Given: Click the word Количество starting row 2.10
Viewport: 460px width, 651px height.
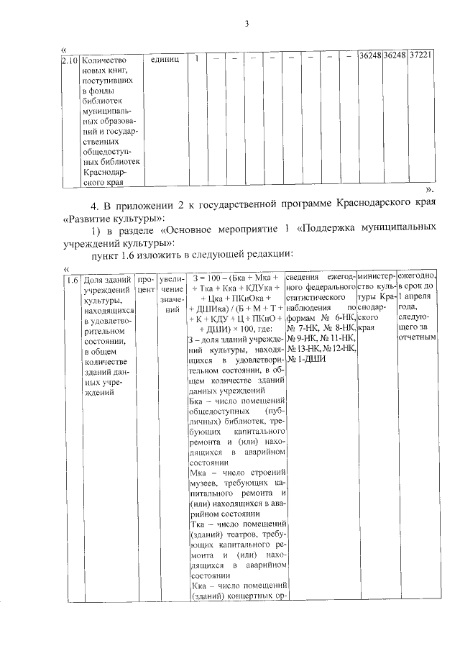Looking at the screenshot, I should pyautogui.click(x=105, y=60).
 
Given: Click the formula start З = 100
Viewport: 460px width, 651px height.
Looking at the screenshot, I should pyautogui.click(x=206, y=278).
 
